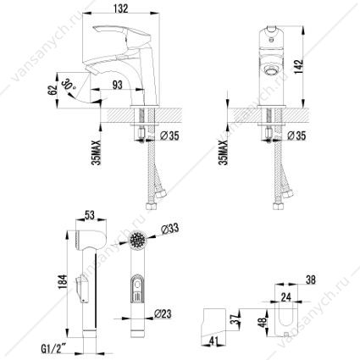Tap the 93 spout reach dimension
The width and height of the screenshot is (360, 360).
pos(116,84)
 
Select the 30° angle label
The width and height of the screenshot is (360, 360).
pos(69,84)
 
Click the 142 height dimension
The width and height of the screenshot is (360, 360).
pos(300,67)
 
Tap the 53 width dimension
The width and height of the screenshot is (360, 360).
pos(89,215)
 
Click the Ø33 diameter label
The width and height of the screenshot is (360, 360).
pos(169,230)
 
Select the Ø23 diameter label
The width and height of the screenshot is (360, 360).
pos(163,313)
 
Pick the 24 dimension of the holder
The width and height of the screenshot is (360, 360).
pos(285,296)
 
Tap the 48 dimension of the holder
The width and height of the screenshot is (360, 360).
pos(263,322)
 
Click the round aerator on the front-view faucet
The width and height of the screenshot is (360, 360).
pos(270,69)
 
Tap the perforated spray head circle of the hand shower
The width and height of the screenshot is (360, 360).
pos(138,240)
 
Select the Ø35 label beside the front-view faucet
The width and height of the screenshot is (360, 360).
pos(296,136)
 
